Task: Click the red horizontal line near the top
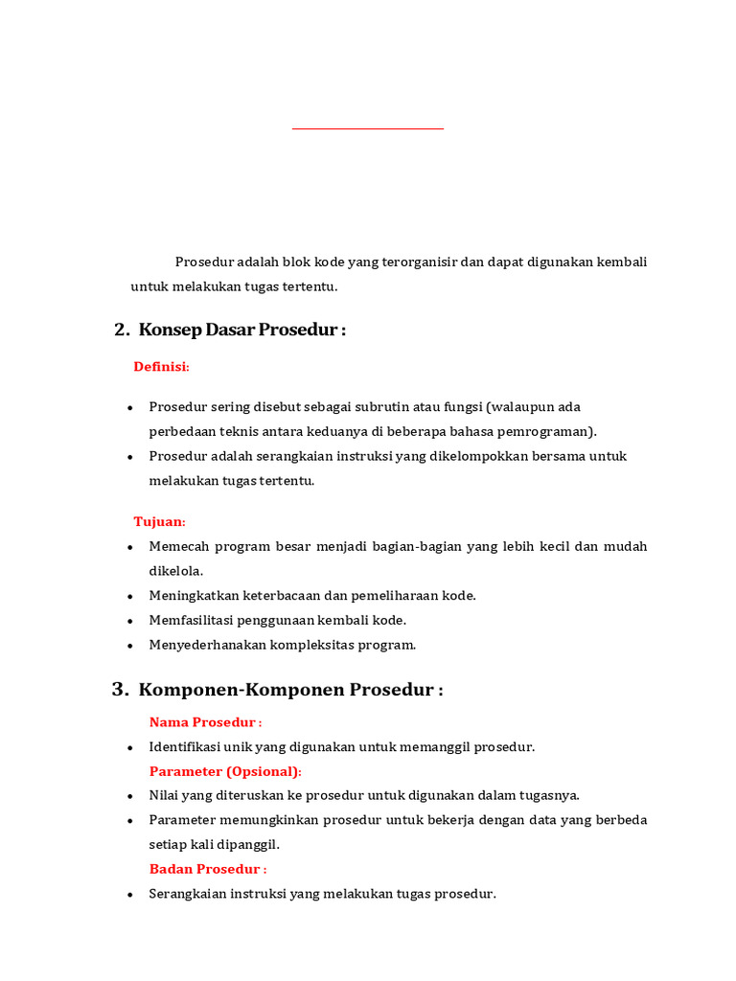(x=368, y=128)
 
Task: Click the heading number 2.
(x=121, y=330)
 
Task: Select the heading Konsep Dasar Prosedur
(x=241, y=330)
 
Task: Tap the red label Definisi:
(x=161, y=367)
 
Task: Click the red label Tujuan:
(x=159, y=521)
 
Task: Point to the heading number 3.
(x=120, y=690)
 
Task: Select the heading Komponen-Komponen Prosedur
(x=290, y=690)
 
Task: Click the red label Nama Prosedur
(x=205, y=722)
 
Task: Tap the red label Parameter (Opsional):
(x=225, y=771)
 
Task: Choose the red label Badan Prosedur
(x=207, y=869)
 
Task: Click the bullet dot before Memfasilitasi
(x=130, y=621)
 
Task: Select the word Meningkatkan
(x=195, y=596)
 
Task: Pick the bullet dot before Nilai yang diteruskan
(x=130, y=796)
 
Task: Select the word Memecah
(x=178, y=546)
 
